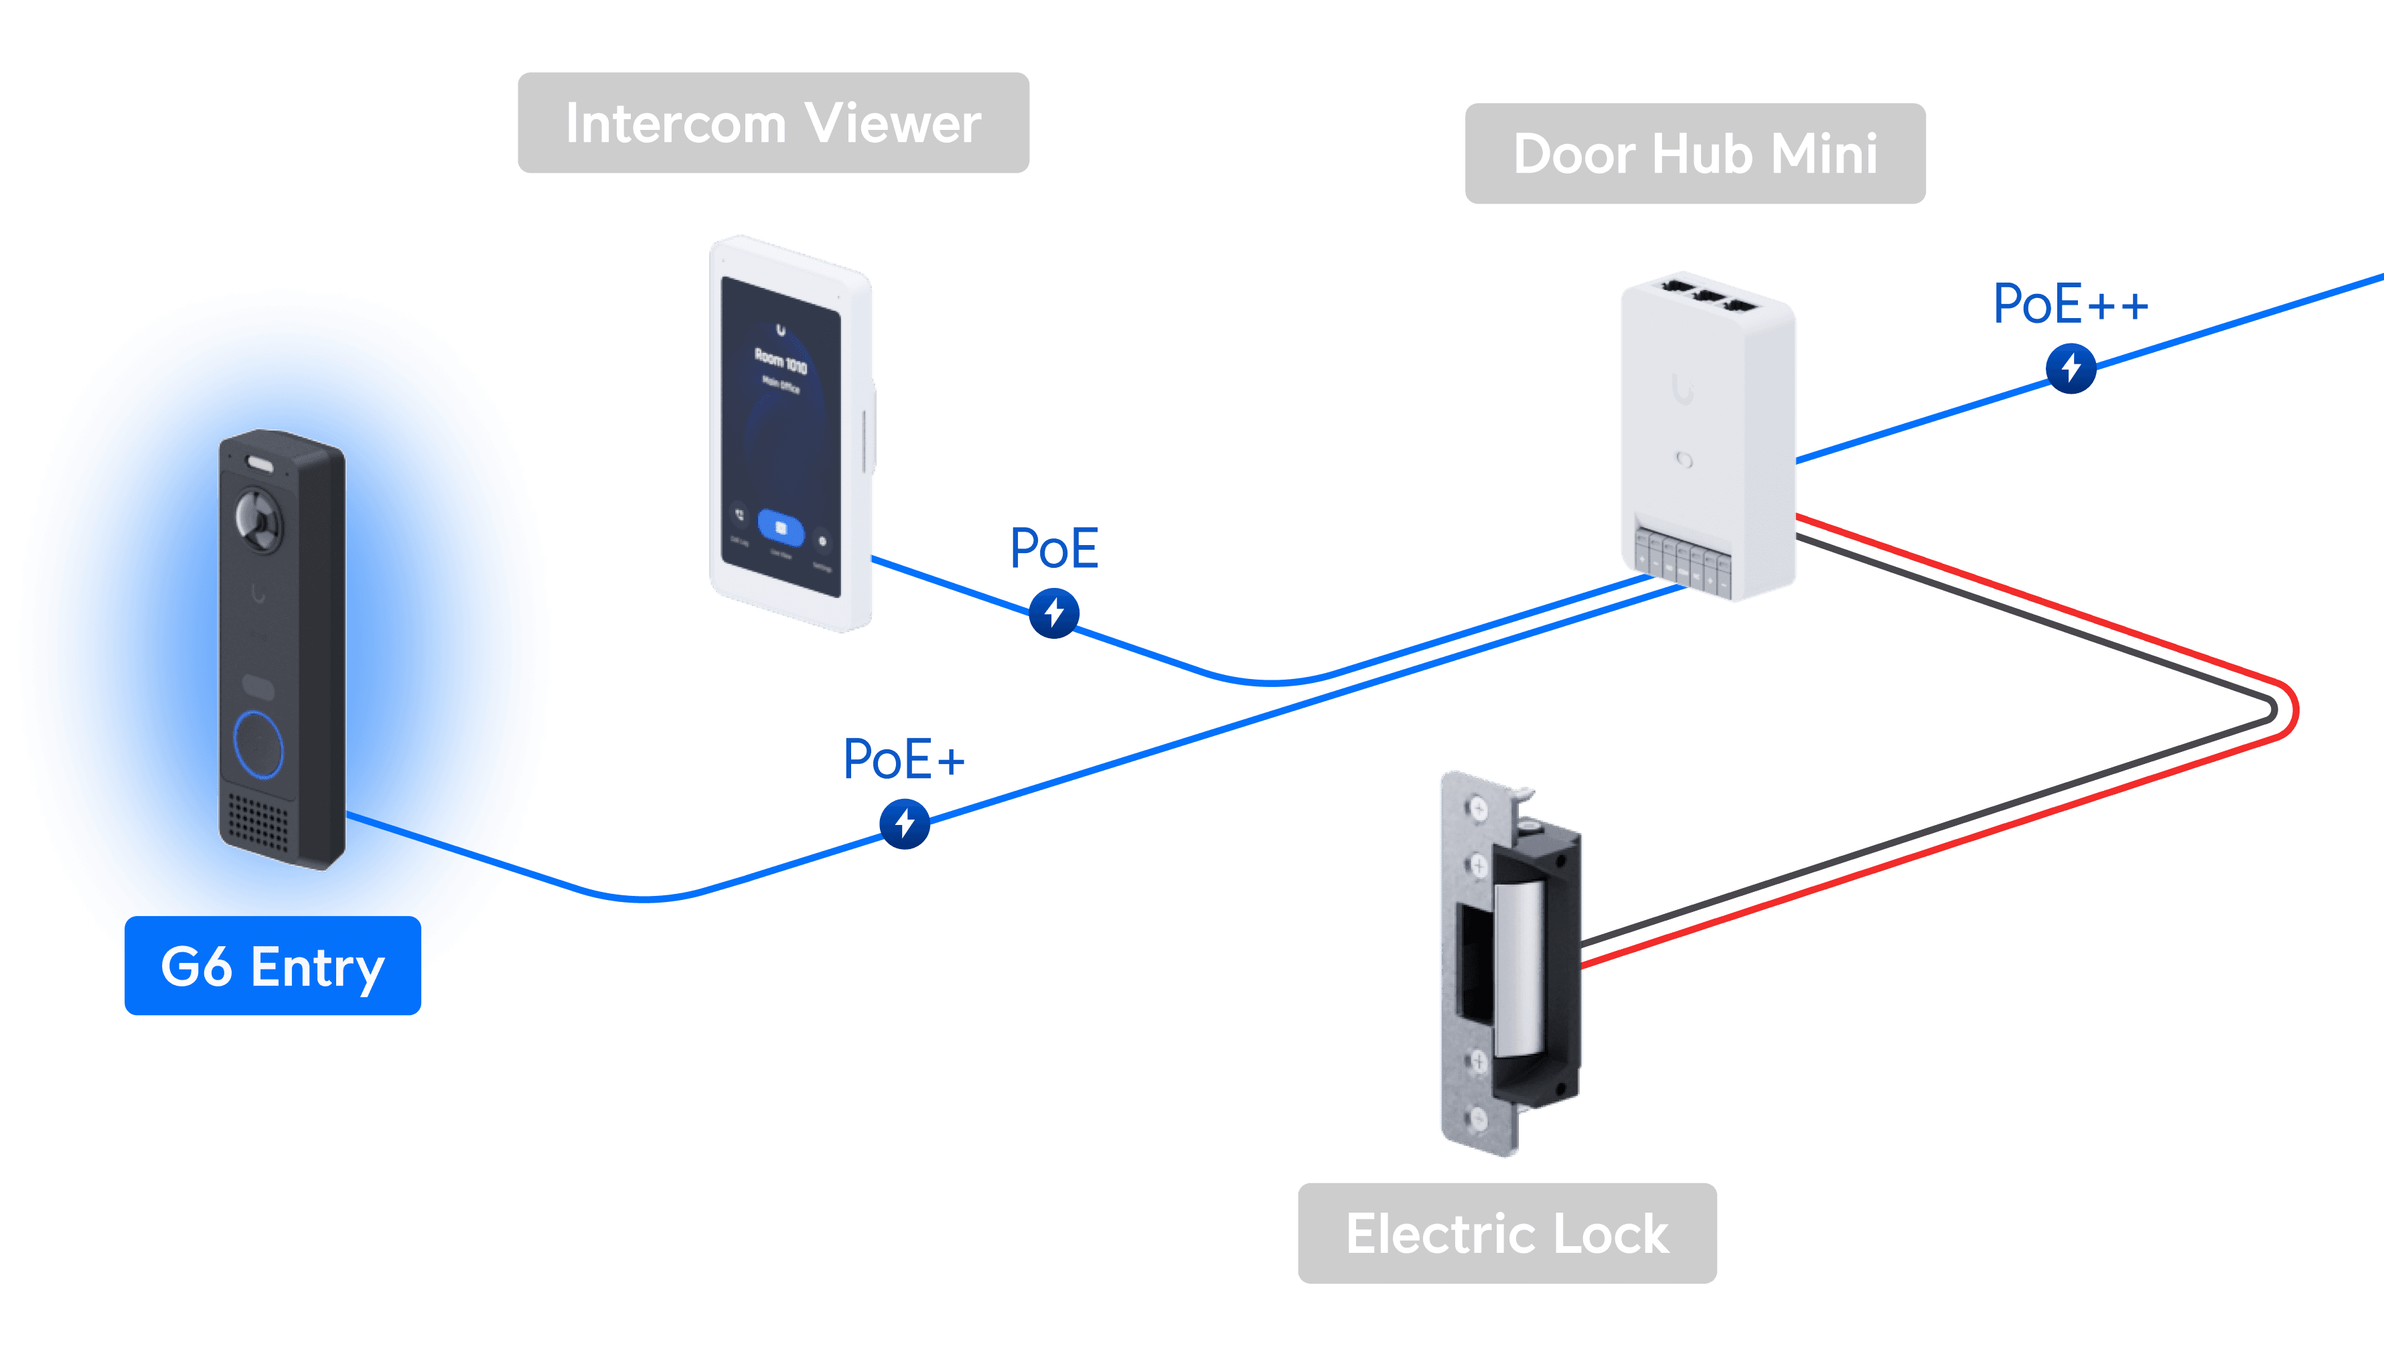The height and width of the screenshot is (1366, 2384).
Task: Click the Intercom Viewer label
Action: coord(773,123)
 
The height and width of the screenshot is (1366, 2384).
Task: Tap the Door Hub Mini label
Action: coord(1694,154)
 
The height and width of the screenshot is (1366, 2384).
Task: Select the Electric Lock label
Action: coord(1507,1233)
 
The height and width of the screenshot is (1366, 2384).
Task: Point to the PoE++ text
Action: coord(2070,304)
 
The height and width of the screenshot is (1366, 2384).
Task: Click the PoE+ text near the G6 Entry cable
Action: coord(903,759)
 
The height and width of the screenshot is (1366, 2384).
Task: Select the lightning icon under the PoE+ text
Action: coord(905,824)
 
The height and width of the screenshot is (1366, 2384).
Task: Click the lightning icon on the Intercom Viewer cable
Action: coord(1053,613)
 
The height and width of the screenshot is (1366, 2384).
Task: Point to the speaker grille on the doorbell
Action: coord(258,823)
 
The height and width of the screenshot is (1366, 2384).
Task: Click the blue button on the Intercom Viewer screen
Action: coord(781,528)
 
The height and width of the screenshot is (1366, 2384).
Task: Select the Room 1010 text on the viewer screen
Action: coord(781,360)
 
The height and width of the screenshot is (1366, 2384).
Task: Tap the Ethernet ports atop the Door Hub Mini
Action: coord(1708,293)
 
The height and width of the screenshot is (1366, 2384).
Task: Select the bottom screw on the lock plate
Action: coord(1478,1118)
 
